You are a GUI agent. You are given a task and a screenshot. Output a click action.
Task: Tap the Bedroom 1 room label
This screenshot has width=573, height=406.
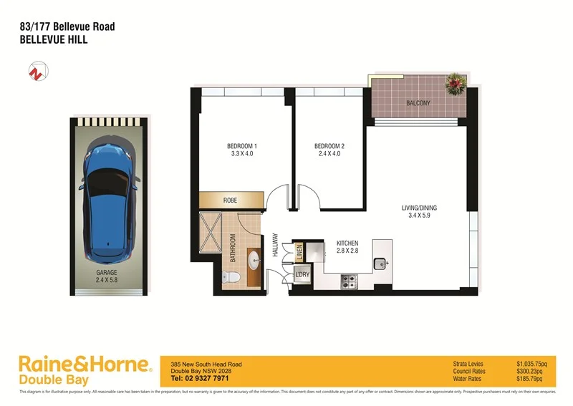(x=241, y=150)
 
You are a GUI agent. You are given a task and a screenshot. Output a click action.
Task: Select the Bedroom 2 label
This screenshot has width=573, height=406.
(x=329, y=150)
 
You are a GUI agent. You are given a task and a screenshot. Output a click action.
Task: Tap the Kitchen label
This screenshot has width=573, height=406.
(x=347, y=248)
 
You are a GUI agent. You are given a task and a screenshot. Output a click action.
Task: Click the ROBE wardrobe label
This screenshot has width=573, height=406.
(x=230, y=200)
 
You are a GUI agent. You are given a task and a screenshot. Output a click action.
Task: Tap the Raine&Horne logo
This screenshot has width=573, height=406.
(x=85, y=370)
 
